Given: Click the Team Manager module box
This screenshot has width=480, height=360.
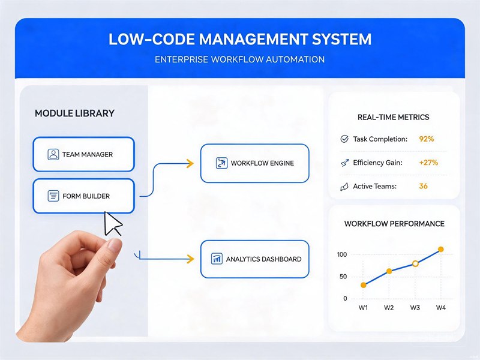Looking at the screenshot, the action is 83,154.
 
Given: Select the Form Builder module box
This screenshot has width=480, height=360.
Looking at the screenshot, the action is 83,196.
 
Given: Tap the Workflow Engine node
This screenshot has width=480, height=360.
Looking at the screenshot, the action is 254,163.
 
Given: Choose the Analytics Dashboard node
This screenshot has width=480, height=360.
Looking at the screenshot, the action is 254,259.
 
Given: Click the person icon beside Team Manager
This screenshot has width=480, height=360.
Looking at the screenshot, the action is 53,154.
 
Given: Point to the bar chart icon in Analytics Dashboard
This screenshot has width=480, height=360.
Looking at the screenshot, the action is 217,259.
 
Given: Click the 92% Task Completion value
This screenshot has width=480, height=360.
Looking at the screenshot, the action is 427,139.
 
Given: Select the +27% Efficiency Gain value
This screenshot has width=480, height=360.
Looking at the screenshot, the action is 428,163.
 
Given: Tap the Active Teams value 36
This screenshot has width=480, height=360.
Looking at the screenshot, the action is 424,186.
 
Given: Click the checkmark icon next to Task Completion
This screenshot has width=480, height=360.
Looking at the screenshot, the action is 344,139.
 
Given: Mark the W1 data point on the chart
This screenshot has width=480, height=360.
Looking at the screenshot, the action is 364,285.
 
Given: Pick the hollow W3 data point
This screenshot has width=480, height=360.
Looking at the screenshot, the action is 415,263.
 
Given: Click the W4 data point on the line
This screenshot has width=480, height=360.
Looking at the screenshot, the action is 441,250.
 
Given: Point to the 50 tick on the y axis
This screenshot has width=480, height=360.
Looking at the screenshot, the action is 343,277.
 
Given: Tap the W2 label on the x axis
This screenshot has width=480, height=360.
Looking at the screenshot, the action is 389,308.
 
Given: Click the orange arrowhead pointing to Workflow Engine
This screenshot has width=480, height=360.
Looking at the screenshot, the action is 190,163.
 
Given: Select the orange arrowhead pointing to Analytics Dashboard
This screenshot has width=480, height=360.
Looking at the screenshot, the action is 190,259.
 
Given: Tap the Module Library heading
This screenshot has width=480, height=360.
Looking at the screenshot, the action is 74,113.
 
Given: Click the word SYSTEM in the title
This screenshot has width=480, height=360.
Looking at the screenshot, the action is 341,39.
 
